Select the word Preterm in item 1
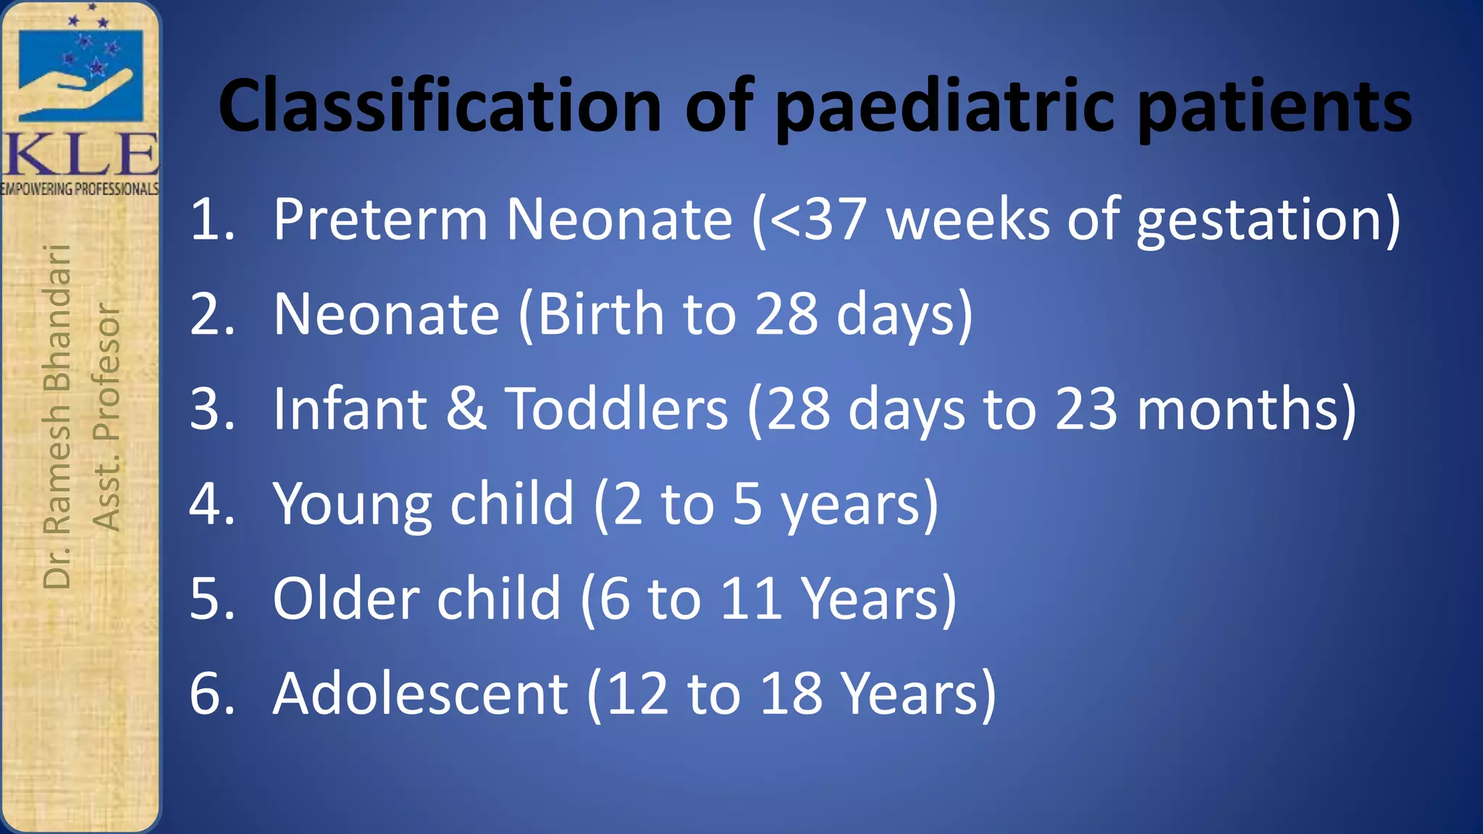(380, 219)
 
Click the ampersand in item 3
(466, 409)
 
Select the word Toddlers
(616, 409)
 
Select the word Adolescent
(420, 694)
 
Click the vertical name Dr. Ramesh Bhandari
(57, 416)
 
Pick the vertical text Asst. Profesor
(106, 417)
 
